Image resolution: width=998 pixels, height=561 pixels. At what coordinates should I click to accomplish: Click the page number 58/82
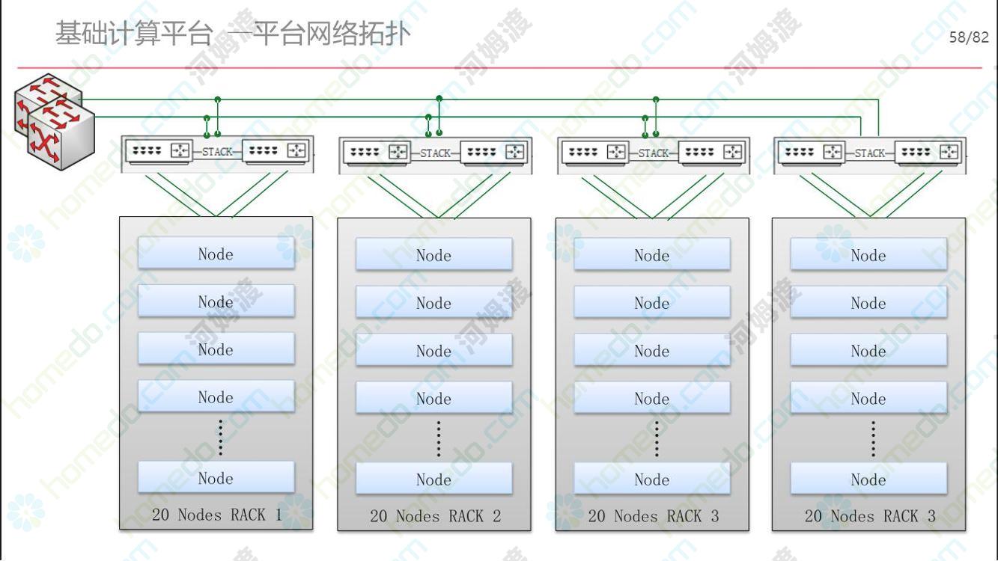(968, 37)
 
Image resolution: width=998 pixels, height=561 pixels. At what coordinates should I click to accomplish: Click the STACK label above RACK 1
(217, 152)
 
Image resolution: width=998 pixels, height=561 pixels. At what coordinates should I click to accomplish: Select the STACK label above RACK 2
(435, 153)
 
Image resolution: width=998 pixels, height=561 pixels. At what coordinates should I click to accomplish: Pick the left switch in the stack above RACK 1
(159, 151)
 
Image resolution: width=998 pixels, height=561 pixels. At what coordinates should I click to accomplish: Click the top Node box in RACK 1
(216, 254)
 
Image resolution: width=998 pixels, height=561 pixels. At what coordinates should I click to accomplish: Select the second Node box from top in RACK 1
(216, 301)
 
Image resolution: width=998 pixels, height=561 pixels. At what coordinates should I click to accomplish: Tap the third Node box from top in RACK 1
(216, 349)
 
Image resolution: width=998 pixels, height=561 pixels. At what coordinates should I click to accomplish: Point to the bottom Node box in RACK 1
(216, 478)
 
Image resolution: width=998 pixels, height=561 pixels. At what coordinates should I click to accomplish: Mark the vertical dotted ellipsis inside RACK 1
(221, 438)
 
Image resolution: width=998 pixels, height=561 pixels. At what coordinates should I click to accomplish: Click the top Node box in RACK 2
(433, 255)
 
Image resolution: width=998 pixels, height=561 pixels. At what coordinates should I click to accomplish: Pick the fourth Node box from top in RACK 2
(433, 399)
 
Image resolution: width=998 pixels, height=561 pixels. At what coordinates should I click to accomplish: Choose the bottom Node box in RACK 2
(433, 479)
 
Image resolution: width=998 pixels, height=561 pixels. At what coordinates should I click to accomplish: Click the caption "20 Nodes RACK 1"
(216, 515)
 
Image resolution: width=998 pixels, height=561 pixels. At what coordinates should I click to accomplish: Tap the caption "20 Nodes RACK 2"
(435, 516)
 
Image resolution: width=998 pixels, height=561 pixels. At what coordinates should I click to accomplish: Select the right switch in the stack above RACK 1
(276, 151)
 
